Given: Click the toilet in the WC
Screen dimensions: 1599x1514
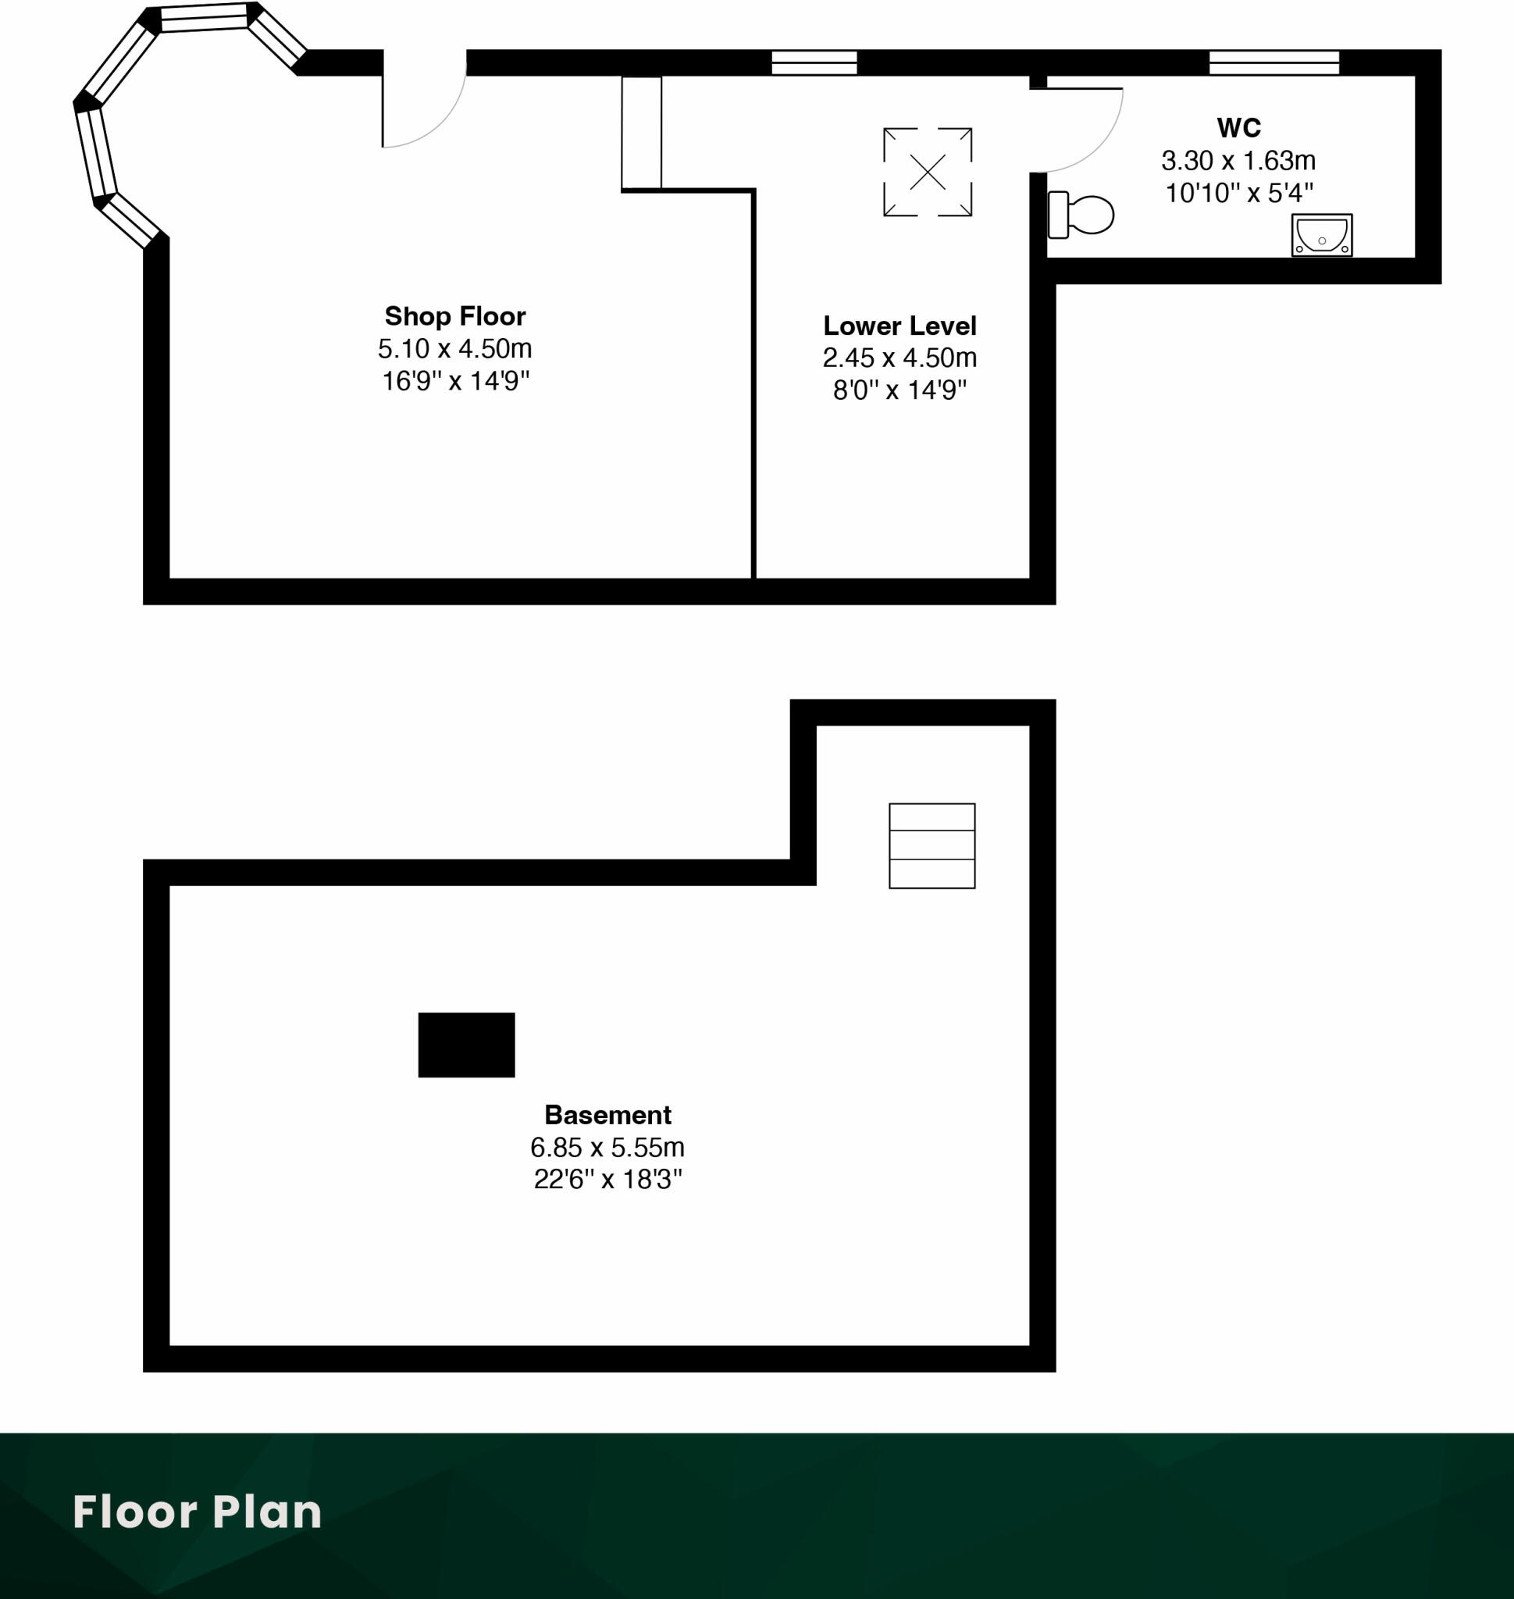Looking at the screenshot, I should [1081, 215].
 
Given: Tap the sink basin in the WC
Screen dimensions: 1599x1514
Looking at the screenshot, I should [1322, 235].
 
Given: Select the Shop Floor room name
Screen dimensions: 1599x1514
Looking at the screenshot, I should [454, 315].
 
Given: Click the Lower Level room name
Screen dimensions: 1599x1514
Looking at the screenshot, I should [899, 326].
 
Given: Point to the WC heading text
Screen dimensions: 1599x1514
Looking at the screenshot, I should [1238, 127].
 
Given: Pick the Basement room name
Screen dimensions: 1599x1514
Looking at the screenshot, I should [607, 1115].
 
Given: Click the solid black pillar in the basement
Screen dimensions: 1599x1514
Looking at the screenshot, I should [466, 1045].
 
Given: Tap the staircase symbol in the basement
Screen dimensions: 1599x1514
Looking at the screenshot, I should [932, 846].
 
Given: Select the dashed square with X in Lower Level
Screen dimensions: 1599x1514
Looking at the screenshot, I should [928, 172].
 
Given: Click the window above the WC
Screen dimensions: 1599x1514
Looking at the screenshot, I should [1274, 62].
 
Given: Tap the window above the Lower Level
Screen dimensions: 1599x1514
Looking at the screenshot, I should [814, 62].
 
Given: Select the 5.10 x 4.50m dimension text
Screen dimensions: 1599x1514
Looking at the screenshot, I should [454, 349].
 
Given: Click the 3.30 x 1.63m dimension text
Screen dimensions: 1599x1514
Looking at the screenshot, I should [1238, 161].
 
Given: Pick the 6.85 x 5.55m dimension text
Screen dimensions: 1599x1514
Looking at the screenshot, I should [607, 1147].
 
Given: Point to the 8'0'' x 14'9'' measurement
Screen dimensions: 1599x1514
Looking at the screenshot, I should [899, 390].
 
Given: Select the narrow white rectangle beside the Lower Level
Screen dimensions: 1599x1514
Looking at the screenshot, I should [642, 134].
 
